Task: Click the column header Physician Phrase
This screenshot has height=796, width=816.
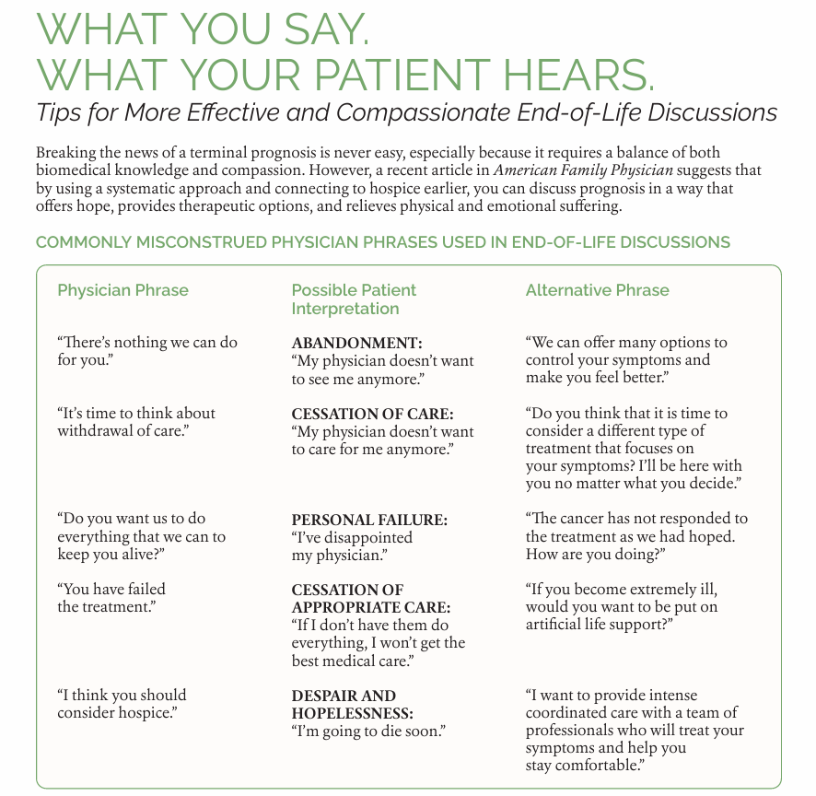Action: click(x=122, y=290)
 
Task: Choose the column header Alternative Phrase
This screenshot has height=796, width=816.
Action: click(x=597, y=290)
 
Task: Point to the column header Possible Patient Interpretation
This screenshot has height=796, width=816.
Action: click(x=355, y=299)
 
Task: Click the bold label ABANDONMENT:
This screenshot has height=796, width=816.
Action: click(x=356, y=343)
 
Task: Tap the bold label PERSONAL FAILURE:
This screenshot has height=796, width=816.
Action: click(x=369, y=520)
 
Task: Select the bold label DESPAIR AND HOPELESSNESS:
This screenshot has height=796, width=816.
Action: click(x=353, y=704)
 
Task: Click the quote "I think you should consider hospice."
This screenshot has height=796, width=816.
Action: click(x=122, y=704)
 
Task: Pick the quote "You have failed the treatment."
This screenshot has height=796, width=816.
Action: click(x=111, y=598)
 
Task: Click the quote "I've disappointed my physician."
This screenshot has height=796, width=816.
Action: click(x=352, y=546)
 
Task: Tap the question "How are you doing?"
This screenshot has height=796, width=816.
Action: click(x=595, y=555)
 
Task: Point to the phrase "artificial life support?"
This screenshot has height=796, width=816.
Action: click(x=599, y=625)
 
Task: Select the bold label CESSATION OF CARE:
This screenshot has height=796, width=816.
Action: click(x=373, y=414)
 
